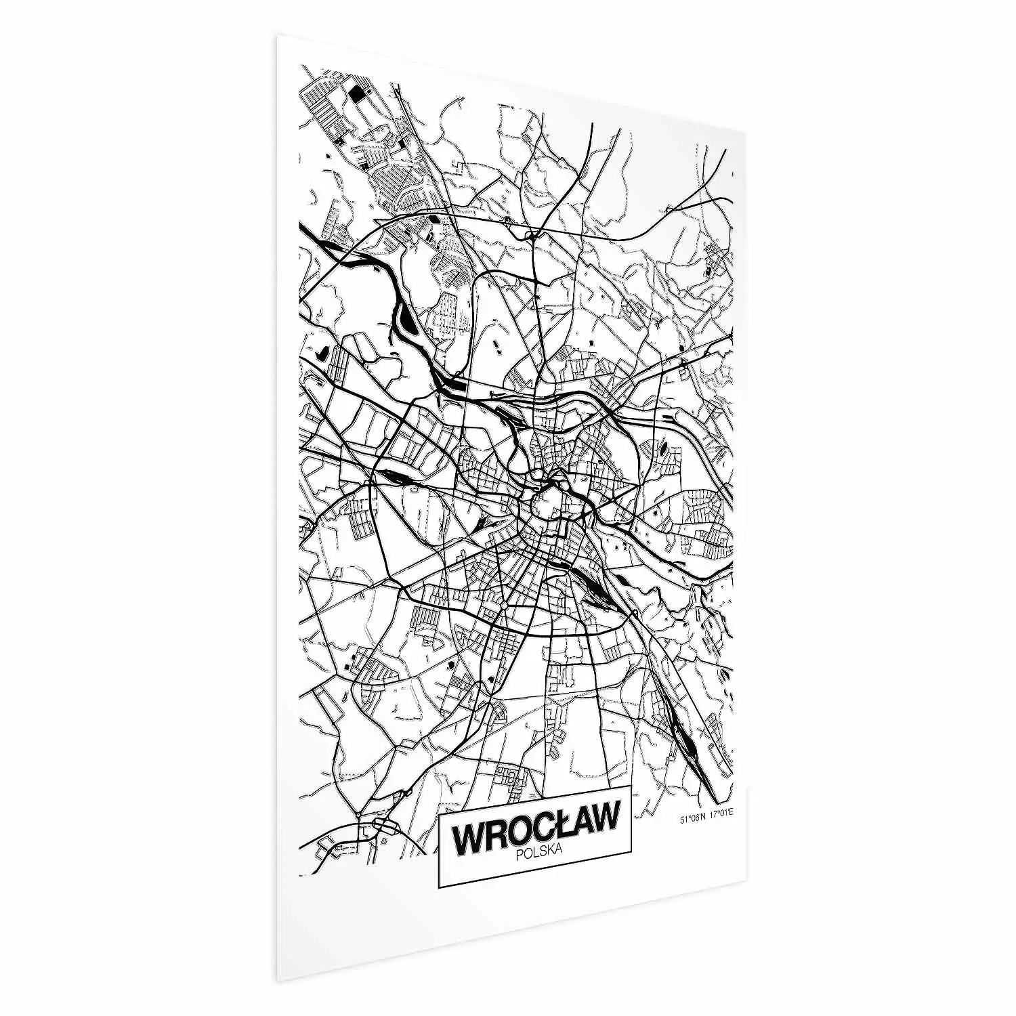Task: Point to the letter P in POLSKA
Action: (x=519, y=855)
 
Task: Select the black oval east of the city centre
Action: (x=662, y=447)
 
